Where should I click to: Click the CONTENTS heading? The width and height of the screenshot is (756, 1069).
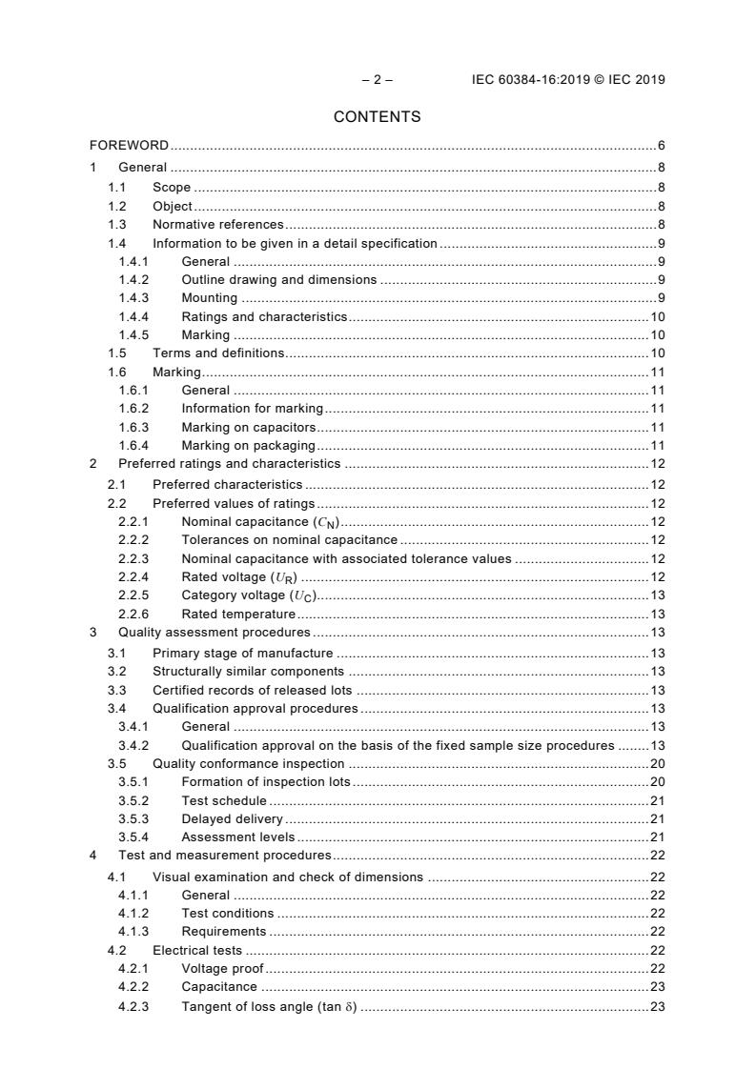[377, 117]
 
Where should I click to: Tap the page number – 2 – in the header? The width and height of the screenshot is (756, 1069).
[377, 80]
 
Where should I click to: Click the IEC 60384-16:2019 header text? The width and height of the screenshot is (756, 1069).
[568, 80]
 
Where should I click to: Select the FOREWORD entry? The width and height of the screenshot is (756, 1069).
[129, 146]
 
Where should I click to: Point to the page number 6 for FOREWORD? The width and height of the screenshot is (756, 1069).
[661, 146]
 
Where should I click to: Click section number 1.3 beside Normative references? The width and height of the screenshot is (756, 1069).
[117, 224]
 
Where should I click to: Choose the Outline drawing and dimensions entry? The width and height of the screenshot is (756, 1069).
[279, 279]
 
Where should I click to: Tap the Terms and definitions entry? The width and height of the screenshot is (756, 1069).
[218, 353]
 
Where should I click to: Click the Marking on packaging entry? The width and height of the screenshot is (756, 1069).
[249, 445]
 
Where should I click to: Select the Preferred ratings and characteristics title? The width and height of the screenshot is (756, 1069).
[229, 464]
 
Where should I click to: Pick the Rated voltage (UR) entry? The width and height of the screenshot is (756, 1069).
[240, 576]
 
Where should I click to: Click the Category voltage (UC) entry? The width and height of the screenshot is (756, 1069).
[248, 595]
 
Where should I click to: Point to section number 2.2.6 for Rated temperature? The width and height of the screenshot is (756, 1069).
[133, 614]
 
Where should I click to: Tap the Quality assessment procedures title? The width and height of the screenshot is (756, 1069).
[214, 632]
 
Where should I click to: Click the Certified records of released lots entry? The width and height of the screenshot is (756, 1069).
[253, 690]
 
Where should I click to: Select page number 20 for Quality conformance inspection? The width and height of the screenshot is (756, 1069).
[657, 764]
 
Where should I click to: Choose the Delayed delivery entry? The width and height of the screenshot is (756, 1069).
[233, 819]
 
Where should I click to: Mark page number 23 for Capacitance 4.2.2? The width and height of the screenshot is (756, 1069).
[657, 988]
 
